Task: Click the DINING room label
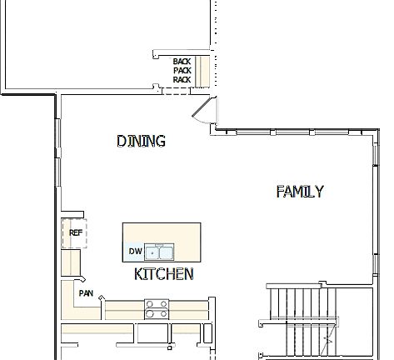[x=141, y=141]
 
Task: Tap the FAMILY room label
[x=299, y=192]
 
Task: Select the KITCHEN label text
[x=164, y=273]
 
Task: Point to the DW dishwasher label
[x=134, y=251]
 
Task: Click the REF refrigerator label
[x=75, y=233]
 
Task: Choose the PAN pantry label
[x=86, y=293]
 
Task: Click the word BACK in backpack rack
[x=182, y=62]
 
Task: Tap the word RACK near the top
[x=182, y=80]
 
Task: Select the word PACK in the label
[x=182, y=71]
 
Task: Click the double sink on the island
[x=158, y=252]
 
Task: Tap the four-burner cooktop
[x=156, y=309]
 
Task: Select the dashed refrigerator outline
[x=75, y=234]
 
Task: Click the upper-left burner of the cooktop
[x=151, y=304]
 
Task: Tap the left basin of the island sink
[x=152, y=252]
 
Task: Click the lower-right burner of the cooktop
[x=161, y=314]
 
